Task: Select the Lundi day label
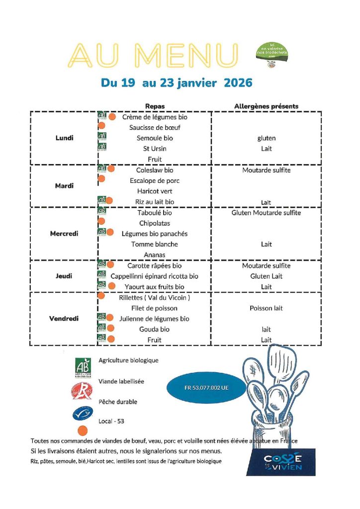(64, 138)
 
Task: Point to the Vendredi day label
(64, 319)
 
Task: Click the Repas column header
(155, 106)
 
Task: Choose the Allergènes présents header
(266, 106)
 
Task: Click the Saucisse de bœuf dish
(155, 128)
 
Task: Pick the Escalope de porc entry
(155, 180)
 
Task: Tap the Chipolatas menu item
(155, 223)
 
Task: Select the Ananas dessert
(155, 255)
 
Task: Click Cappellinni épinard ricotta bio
(155, 276)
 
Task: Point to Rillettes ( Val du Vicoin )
(155, 298)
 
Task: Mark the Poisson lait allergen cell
(266, 308)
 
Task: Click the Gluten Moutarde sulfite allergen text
(266, 213)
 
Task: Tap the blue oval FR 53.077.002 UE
(206, 388)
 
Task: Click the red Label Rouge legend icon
(82, 390)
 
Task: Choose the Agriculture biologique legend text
(128, 360)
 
